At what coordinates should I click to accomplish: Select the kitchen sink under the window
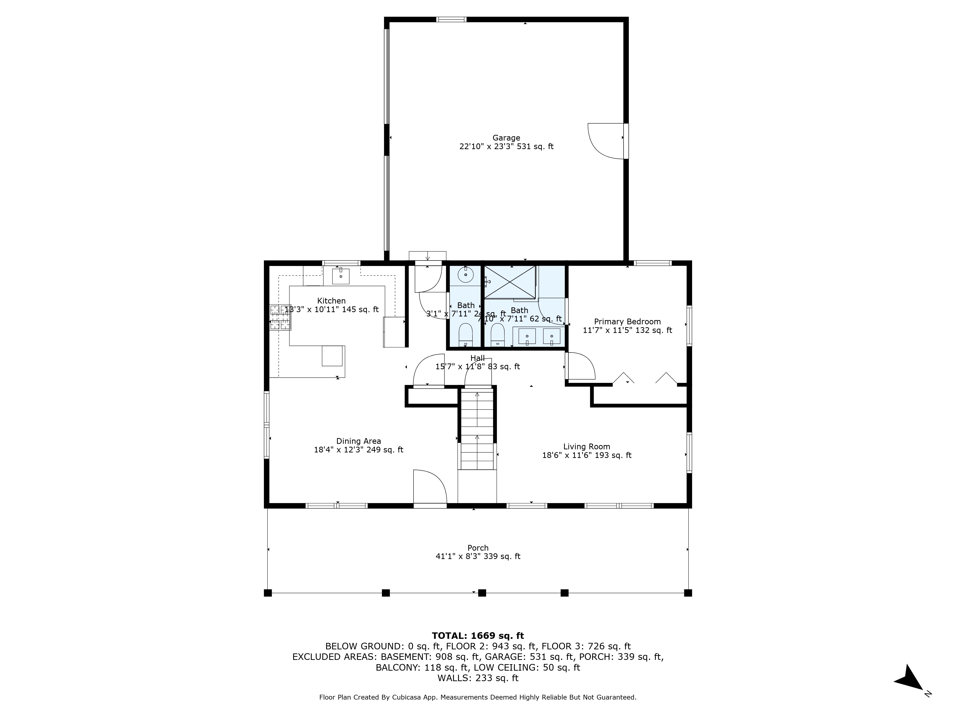(x=341, y=276)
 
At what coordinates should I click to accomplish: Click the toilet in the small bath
(x=466, y=334)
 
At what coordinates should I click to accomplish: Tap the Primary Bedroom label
(x=627, y=321)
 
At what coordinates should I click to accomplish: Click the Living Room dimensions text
(x=587, y=455)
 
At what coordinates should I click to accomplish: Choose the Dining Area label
(x=358, y=441)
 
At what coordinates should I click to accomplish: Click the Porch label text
(x=478, y=548)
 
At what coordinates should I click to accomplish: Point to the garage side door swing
(x=605, y=141)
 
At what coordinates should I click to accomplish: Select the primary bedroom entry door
(x=580, y=366)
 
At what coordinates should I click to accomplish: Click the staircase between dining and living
(x=477, y=432)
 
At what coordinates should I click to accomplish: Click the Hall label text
(x=478, y=358)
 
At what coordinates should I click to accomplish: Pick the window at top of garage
(x=451, y=19)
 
